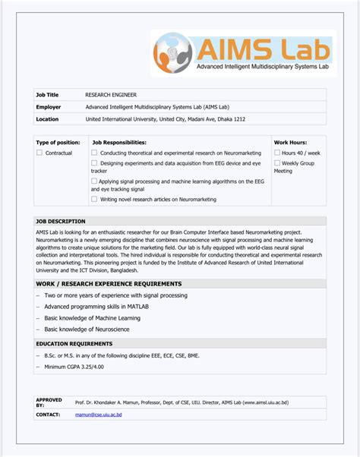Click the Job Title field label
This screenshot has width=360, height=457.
47,95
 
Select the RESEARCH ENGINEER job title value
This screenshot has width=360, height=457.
111,95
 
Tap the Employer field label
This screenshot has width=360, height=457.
48,107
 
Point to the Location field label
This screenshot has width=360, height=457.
47,119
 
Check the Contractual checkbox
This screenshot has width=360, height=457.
39,153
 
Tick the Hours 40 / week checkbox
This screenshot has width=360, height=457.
277,153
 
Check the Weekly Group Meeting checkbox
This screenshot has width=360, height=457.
277,163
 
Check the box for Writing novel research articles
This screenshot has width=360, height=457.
94,199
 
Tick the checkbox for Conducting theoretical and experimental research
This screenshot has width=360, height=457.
94,153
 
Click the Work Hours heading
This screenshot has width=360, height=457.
290,142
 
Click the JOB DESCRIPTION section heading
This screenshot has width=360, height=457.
61,221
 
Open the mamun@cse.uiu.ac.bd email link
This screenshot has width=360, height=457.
99,414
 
